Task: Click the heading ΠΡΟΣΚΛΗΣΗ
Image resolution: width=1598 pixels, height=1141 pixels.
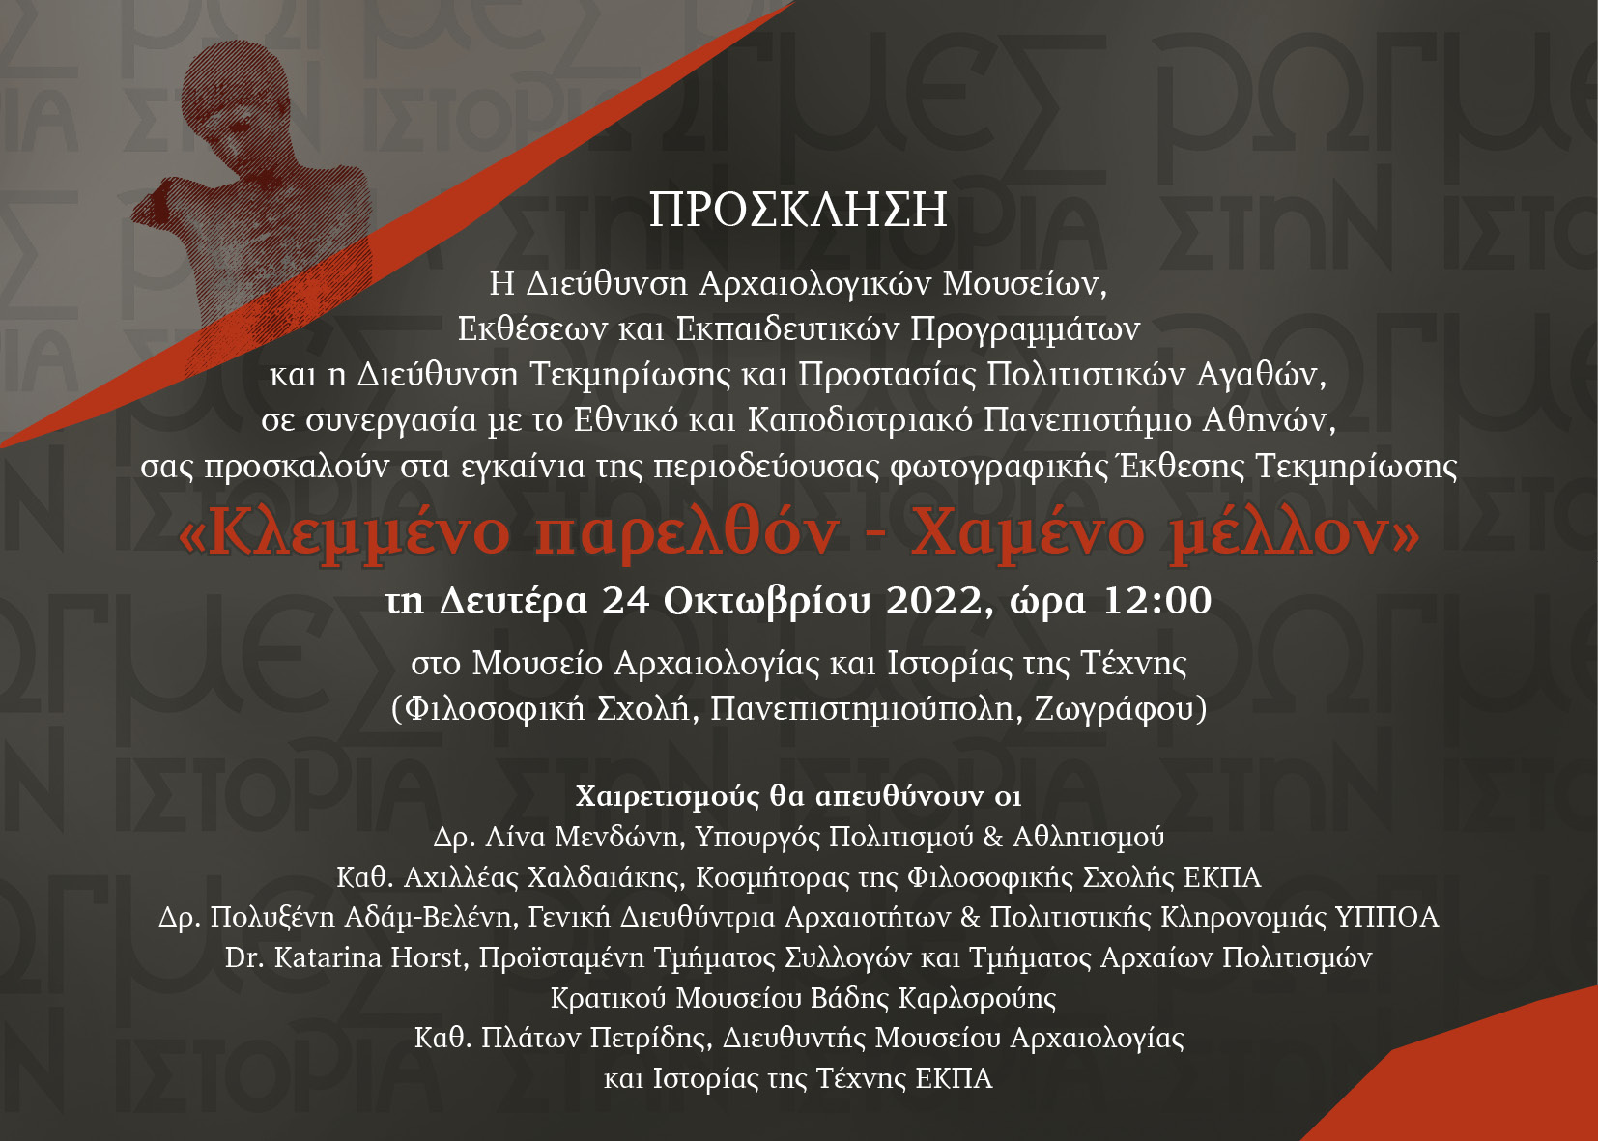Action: [x=798, y=210]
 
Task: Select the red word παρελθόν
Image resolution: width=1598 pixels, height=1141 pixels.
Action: [x=686, y=534]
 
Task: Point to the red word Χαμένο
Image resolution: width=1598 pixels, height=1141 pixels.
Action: [x=1028, y=534]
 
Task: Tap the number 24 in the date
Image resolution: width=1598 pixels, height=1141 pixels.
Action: [x=626, y=601]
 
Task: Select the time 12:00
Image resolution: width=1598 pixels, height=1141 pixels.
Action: [x=1157, y=601]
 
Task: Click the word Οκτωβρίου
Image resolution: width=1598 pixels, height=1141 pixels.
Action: [x=768, y=602]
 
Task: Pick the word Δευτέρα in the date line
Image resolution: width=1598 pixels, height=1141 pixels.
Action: [x=513, y=602]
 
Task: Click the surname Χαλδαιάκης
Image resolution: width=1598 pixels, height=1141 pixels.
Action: [x=606, y=877]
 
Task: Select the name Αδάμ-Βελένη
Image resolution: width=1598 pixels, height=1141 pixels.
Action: [x=428, y=917]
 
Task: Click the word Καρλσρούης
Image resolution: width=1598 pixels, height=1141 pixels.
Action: [x=977, y=998]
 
